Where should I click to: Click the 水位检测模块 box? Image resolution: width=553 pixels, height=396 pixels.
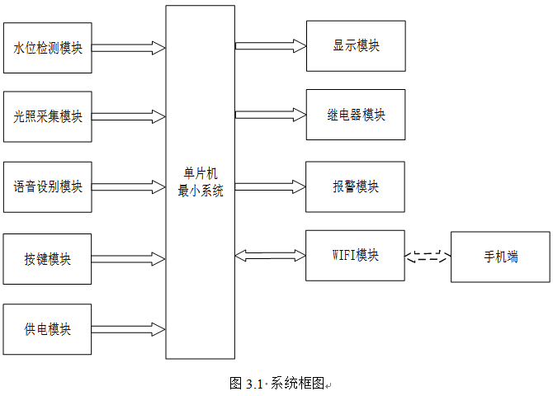[48, 48]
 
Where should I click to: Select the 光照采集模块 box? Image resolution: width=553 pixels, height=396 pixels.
[48, 116]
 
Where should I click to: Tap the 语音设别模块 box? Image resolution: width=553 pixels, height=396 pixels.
[48, 187]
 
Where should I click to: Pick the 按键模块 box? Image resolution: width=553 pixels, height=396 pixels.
[47, 259]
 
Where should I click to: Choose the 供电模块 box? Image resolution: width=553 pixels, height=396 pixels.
[47, 329]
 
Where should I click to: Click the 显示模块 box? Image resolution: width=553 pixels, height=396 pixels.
[356, 46]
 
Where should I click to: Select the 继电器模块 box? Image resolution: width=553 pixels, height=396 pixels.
[356, 115]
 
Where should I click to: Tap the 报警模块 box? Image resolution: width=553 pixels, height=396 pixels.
[355, 186]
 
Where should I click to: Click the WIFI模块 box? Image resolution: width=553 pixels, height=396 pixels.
[355, 255]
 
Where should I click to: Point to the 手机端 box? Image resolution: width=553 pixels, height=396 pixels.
[500, 257]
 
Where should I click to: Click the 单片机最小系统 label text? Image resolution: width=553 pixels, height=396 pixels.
[201, 182]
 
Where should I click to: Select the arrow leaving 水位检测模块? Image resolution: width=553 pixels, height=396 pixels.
[129, 48]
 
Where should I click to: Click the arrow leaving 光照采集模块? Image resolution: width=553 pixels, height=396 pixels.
[129, 116]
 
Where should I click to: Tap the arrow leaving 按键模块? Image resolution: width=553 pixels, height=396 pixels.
[129, 259]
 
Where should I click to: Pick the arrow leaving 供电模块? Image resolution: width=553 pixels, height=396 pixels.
[129, 329]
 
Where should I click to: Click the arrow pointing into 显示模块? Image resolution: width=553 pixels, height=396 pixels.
[271, 46]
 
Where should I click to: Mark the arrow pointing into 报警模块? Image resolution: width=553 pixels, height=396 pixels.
[270, 186]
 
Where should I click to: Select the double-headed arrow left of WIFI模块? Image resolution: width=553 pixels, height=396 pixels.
[270, 256]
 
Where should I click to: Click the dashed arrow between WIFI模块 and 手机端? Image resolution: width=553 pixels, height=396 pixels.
[428, 257]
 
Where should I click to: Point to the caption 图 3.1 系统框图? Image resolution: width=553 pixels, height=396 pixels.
[276, 384]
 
